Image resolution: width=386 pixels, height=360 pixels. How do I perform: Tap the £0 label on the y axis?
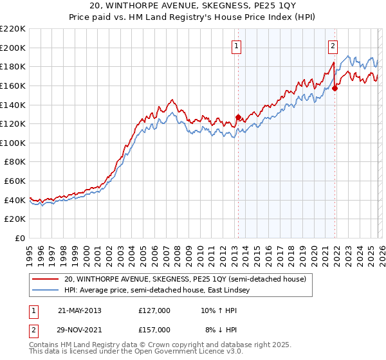click(21, 238)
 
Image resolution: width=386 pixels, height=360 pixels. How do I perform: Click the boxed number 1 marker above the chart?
click(237, 46)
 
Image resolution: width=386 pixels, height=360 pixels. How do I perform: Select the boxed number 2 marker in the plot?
click(333, 46)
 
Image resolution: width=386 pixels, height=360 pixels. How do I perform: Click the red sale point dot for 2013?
click(238, 117)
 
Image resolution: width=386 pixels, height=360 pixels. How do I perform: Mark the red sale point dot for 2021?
click(335, 89)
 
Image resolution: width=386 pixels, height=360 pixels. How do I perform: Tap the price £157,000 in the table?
click(154, 330)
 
